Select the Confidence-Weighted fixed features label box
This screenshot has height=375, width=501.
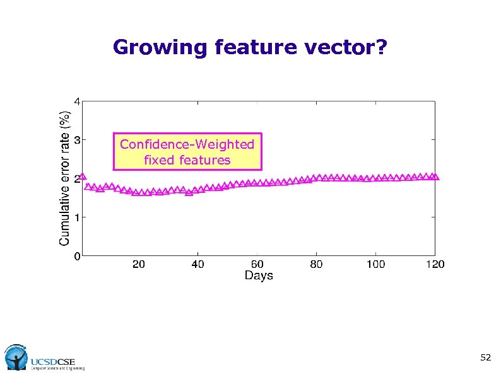[x=187, y=152]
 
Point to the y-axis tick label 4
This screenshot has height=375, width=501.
[x=76, y=101]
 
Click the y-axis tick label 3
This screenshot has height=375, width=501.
[x=76, y=140]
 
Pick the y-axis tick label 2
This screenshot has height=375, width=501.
[x=76, y=179]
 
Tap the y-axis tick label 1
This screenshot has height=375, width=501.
[x=76, y=217]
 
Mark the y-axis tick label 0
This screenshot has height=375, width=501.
[x=76, y=257]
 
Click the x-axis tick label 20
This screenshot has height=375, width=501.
[x=138, y=265]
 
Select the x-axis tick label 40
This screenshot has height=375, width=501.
[x=197, y=265]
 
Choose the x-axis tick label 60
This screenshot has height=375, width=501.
[x=257, y=265]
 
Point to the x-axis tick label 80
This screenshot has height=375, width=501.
[x=316, y=265]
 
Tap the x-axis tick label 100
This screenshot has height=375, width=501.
[x=375, y=265]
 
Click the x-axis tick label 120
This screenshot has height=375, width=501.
[x=435, y=265]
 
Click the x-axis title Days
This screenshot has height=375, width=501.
[x=259, y=276]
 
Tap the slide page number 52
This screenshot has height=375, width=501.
[x=485, y=357]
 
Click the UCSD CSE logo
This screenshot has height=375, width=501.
[x=44, y=358]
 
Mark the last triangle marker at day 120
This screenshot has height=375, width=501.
[x=435, y=177]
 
